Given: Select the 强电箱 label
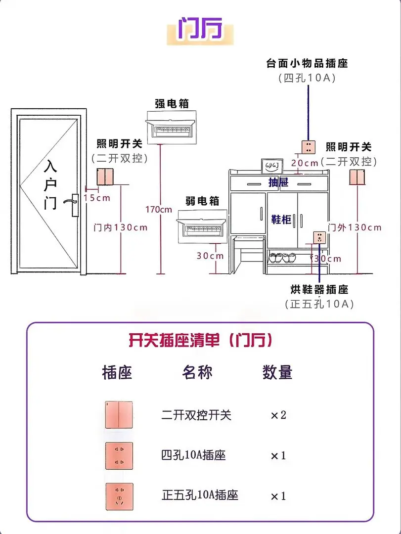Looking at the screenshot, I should tap(172, 103).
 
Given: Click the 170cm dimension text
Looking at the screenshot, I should tap(159, 209).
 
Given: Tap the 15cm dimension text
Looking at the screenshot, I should tap(96, 198).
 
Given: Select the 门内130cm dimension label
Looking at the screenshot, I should tap(121, 227).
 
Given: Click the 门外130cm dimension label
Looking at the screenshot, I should tap(355, 227).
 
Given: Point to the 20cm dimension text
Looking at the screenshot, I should tap(304, 163).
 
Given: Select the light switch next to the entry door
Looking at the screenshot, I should tap(105, 176).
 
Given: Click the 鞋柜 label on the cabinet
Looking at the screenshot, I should tap(281, 219).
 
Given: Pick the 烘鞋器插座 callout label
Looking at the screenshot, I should tap(319, 289).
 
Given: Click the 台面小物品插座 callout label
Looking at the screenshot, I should tap(307, 63).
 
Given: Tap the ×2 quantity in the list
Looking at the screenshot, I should tap(278, 415).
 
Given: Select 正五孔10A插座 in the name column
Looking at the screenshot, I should tap(200, 494).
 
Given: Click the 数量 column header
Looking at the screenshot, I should tap(277, 372).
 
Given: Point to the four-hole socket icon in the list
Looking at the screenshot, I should tap(119, 455).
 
